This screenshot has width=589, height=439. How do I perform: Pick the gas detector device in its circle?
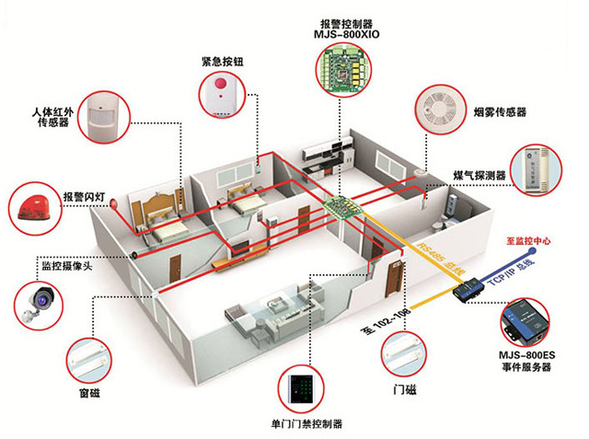click(x=537, y=169)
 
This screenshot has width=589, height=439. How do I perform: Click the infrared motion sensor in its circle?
click(x=105, y=115)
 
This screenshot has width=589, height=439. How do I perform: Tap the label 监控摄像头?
click(x=64, y=267)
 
